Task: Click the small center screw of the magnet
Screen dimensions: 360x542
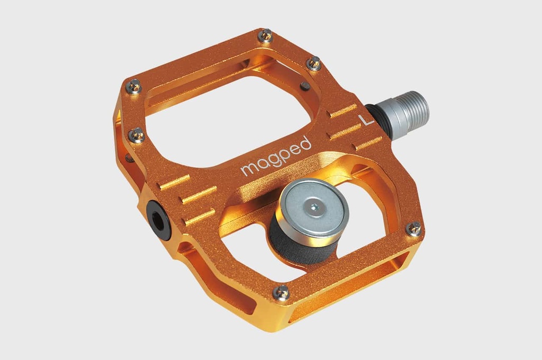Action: point(315,208)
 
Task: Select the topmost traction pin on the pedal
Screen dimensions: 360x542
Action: point(266,36)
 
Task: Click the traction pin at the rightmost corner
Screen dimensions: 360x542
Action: point(414,229)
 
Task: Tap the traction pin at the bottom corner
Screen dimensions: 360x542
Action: point(282,292)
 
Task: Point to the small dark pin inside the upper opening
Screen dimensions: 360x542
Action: point(305,86)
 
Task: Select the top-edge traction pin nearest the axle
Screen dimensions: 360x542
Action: point(314,63)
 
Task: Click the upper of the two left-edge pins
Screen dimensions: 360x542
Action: point(133,86)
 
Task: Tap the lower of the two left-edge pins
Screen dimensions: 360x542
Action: point(137,135)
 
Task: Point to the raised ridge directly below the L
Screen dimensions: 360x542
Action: point(344,130)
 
